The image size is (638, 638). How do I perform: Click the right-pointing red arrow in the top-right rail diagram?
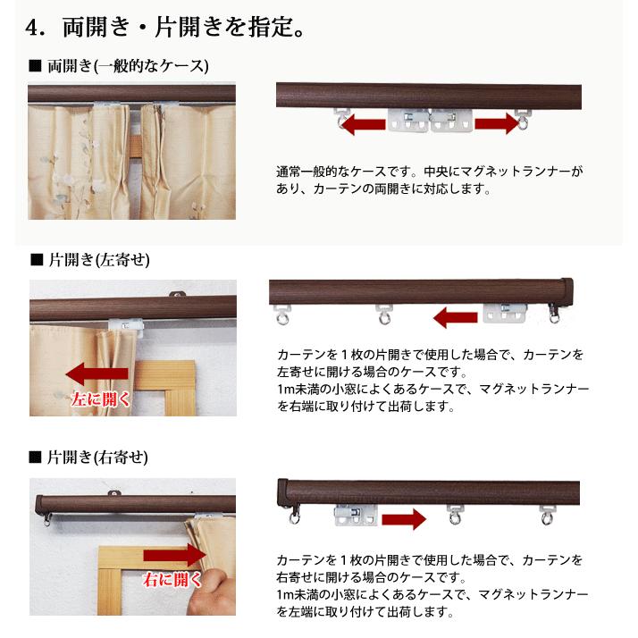tap(495, 123)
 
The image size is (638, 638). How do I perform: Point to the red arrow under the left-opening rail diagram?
tap(456, 316)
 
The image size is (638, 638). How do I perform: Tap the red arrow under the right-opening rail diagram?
tap(403, 517)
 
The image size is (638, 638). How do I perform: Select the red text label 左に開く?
tap(99, 399)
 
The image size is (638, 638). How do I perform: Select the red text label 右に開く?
tap(172, 580)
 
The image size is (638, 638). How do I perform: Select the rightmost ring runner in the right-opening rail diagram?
tap(547, 515)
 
